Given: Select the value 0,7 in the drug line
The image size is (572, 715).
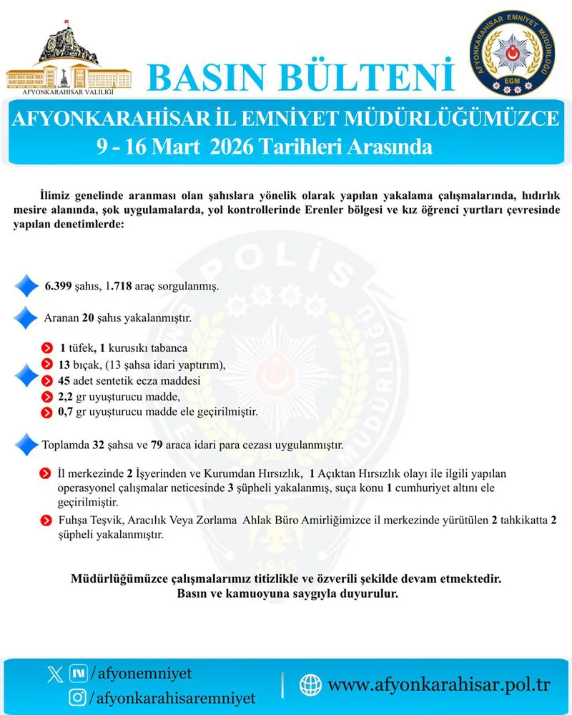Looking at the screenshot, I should click(x=66, y=412).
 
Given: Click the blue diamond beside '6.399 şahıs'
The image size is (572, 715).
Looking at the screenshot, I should click(x=26, y=286).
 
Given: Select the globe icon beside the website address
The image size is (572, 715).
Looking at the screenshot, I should click(x=310, y=684).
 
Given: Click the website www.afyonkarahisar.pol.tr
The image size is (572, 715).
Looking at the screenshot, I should click(x=439, y=685).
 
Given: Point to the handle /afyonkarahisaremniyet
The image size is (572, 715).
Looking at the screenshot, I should click(x=172, y=696).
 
